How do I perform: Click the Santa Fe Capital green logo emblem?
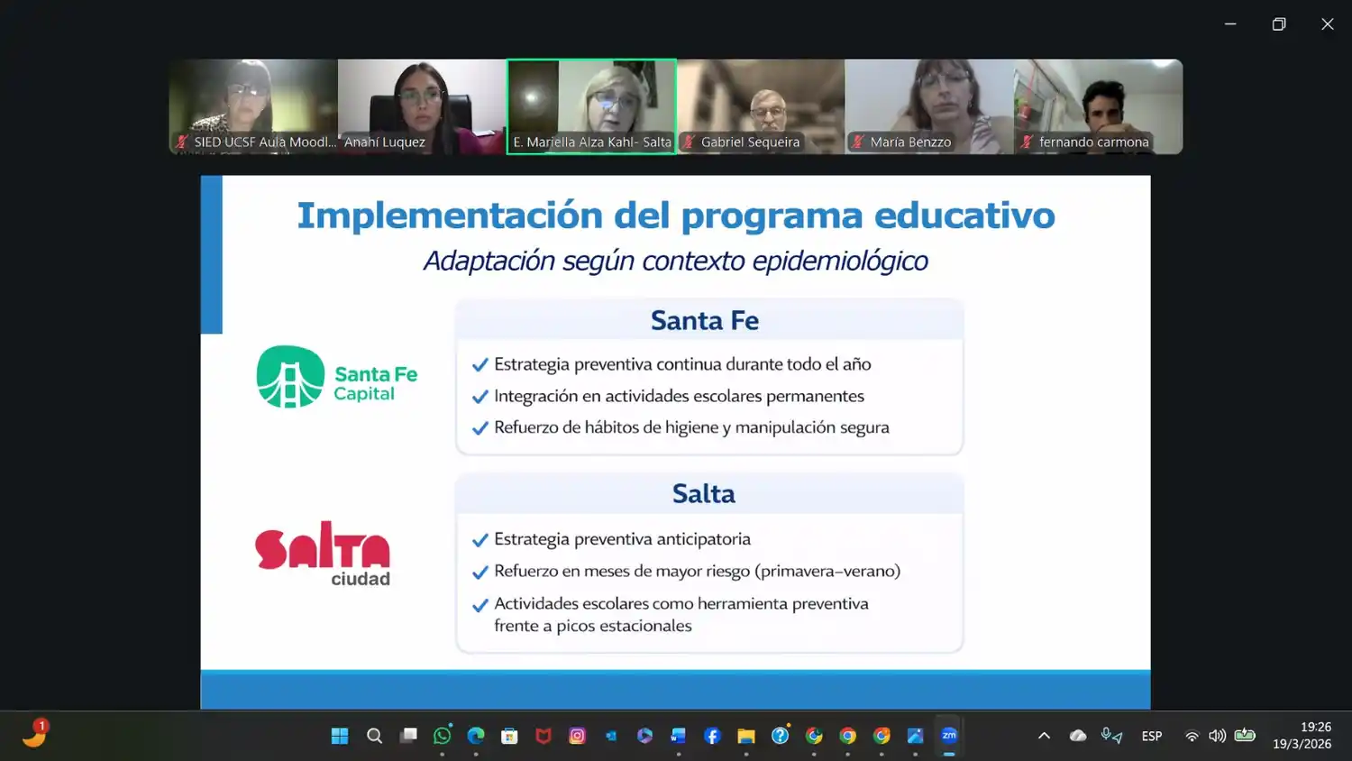click(x=290, y=377)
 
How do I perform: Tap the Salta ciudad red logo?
click(x=323, y=553)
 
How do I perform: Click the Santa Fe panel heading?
click(x=705, y=321)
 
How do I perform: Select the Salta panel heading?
click(x=704, y=494)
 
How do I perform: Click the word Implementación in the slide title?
click(x=450, y=216)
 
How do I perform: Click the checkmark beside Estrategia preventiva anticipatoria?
click(x=480, y=541)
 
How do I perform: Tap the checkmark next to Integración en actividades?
click(x=480, y=397)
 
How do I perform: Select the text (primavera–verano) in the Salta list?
click(x=827, y=571)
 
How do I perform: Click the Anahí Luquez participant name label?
click(x=385, y=142)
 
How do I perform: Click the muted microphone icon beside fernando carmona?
click(x=1027, y=142)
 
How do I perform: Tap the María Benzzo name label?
click(x=910, y=142)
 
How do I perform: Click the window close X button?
click(x=1327, y=24)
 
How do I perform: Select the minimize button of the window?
click(x=1230, y=24)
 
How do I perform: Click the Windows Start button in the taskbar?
click(x=340, y=736)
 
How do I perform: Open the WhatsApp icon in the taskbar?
click(x=442, y=736)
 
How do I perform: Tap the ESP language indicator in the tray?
click(x=1151, y=736)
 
